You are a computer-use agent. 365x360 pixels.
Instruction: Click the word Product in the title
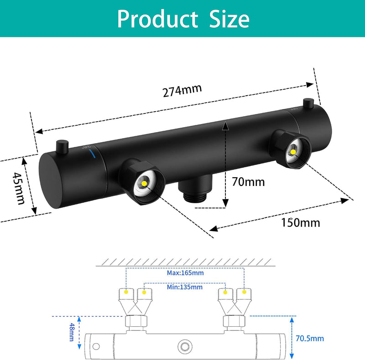point(157,19)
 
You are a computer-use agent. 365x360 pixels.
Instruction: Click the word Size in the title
point(229,19)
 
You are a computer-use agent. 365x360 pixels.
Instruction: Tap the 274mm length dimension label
point(182,90)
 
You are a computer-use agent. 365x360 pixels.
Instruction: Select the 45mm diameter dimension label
point(18,188)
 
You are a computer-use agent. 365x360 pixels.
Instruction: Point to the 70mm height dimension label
point(248,182)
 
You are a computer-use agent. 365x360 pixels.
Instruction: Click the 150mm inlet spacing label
point(301,222)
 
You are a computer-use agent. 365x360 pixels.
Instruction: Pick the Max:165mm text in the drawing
point(185,273)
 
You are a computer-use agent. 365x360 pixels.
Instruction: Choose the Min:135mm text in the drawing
point(185,287)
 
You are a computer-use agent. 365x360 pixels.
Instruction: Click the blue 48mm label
point(72,332)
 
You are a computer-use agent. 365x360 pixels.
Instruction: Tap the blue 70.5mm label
point(310,339)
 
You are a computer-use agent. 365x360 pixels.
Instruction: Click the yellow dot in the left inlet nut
point(144,184)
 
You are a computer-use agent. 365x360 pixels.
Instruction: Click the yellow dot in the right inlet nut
point(293,152)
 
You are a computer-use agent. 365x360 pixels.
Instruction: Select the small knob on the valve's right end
point(308,104)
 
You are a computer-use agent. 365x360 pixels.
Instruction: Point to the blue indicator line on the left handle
point(92,154)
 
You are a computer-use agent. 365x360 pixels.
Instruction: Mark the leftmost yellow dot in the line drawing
point(126,292)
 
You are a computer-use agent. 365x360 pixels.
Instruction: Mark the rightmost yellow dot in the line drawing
point(244,292)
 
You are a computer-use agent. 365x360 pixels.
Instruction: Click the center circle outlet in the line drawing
point(185,346)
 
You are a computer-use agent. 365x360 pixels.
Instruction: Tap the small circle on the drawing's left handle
point(96,346)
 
